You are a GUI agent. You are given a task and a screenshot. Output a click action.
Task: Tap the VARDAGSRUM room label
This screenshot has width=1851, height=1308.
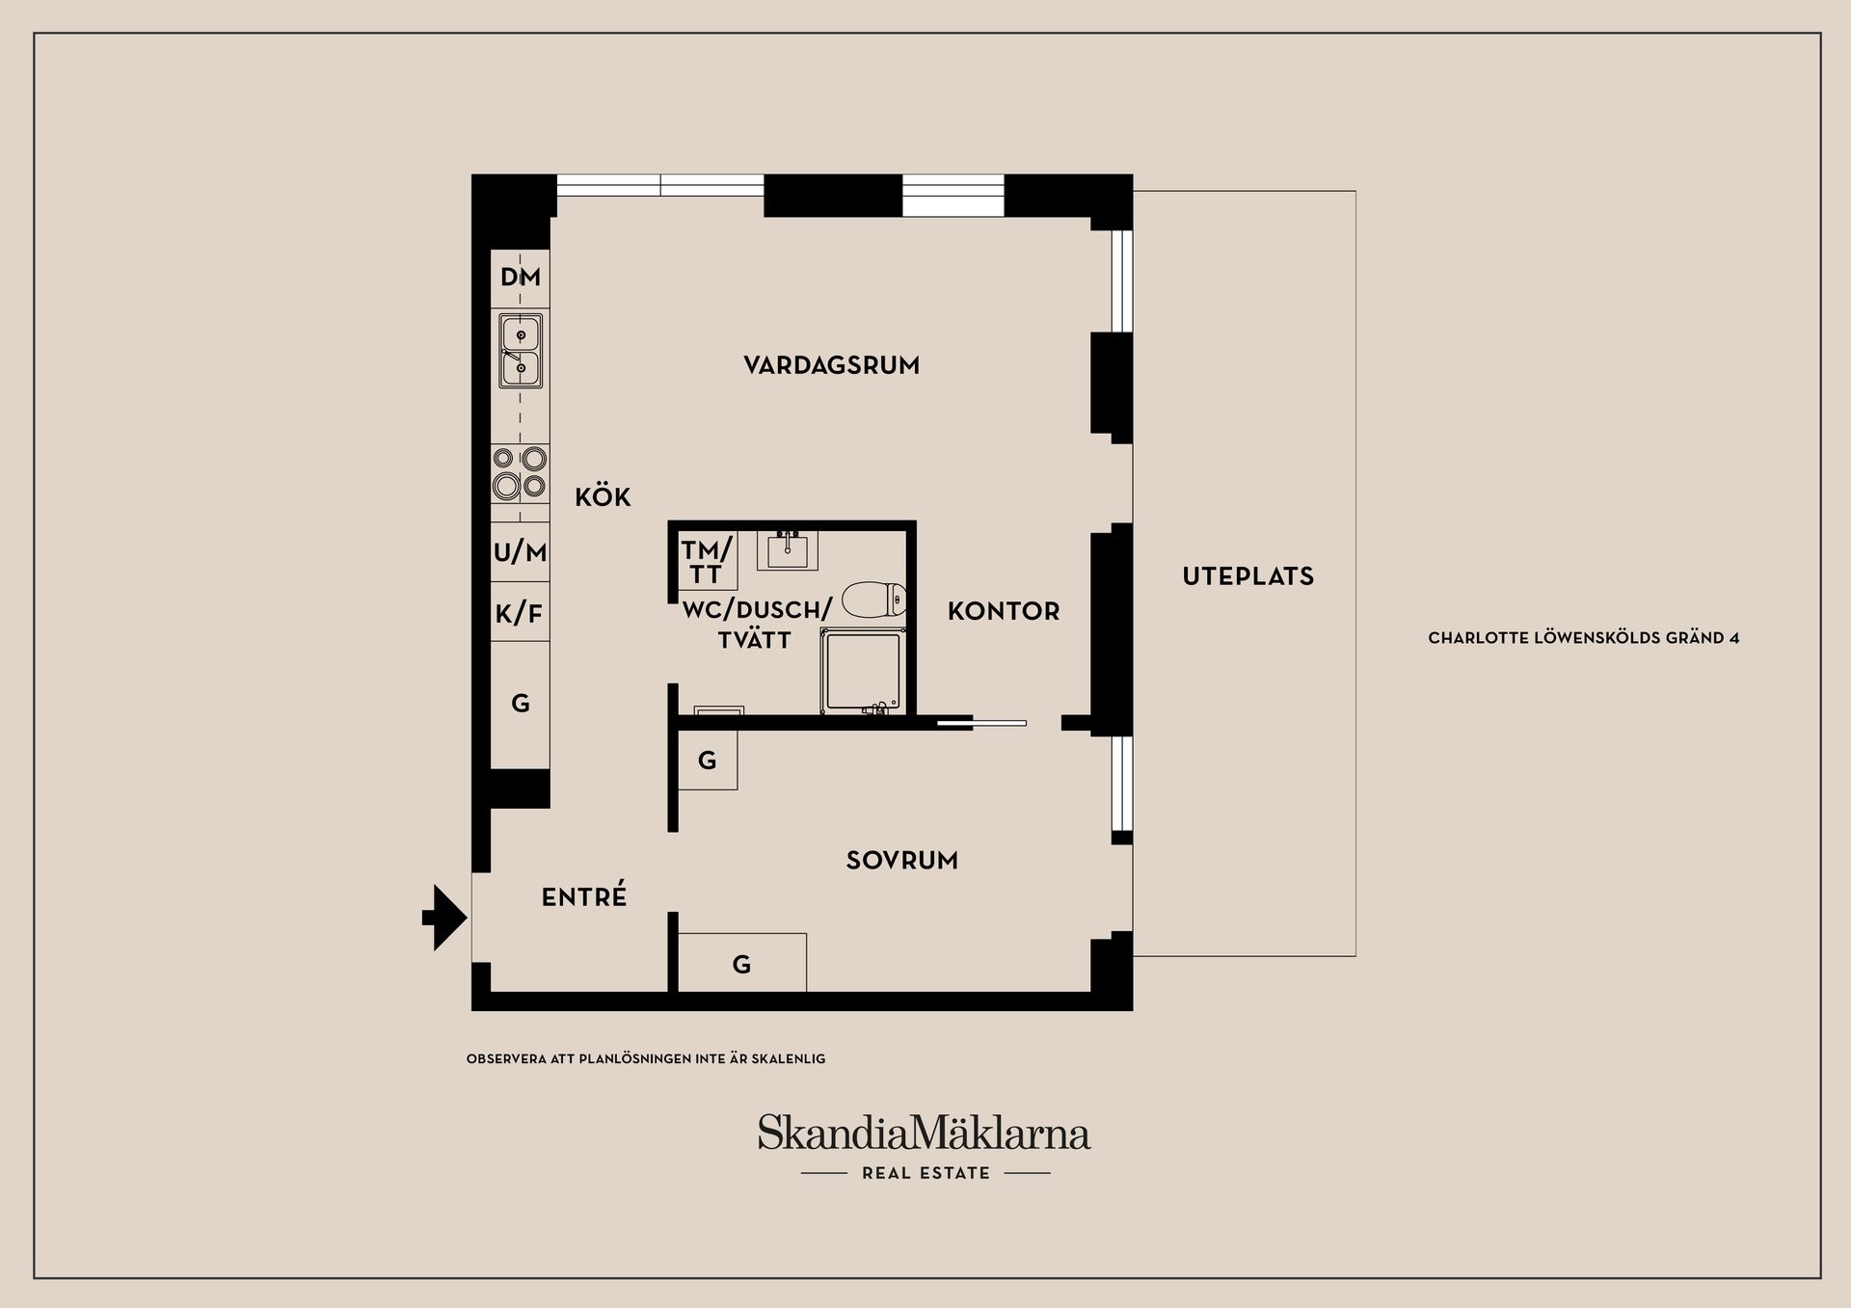(x=831, y=365)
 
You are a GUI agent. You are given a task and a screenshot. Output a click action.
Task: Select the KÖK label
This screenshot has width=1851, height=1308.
(x=603, y=496)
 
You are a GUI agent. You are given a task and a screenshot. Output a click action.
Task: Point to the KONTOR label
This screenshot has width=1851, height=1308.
(x=1004, y=611)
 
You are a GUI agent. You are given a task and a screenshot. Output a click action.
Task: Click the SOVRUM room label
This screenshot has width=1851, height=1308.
(x=902, y=860)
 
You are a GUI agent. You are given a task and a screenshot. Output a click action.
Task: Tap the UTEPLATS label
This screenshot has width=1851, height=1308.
(x=1248, y=576)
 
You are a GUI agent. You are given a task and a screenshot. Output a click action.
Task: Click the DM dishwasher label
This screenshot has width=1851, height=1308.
(x=521, y=278)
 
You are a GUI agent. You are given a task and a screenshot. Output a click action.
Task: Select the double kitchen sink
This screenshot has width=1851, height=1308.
(x=521, y=351)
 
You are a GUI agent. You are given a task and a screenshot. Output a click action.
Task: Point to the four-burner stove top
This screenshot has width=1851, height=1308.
(x=521, y=473)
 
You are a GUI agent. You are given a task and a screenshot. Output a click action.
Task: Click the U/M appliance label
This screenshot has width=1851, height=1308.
(x=521, y=552)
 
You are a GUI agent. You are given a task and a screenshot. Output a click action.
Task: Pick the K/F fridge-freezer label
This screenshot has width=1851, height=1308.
(x=520, y=613)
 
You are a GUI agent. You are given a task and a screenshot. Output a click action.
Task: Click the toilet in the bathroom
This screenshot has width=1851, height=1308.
(x=873, y=599)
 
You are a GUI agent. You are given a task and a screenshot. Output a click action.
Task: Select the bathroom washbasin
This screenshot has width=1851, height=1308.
(x=788, y=549)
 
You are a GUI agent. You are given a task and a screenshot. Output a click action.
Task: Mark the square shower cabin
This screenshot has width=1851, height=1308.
(x=863, y=671)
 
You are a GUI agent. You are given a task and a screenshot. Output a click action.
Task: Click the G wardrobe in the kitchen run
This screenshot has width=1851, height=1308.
(x=521, y=704)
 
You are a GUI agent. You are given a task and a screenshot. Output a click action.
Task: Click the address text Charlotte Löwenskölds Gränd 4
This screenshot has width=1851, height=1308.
(x=1584, y=638)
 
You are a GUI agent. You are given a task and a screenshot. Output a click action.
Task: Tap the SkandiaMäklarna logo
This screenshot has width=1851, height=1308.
(x=924, y=1133)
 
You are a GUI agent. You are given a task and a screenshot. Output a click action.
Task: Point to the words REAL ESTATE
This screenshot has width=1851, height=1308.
(x=925, y=1173)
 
